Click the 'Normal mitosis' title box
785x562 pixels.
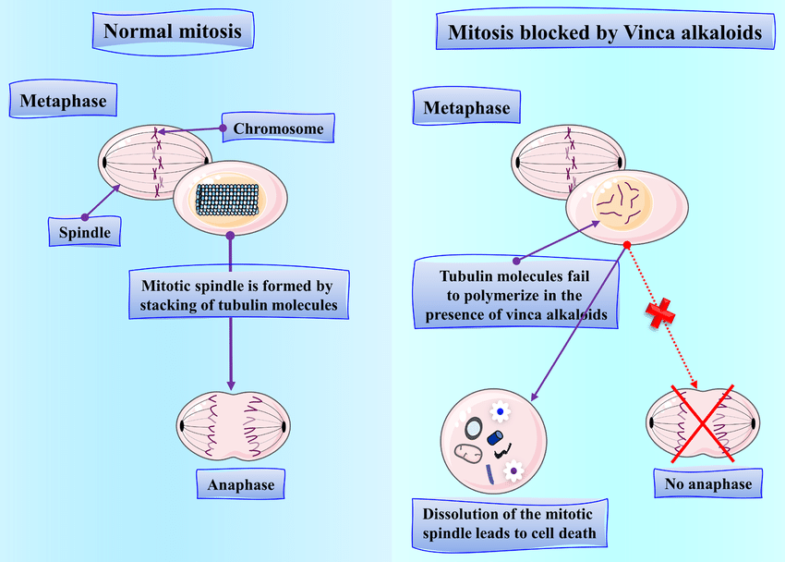pos(173,31)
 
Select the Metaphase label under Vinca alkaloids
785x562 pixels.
pos(466,109)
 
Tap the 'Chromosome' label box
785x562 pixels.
pos(278,129)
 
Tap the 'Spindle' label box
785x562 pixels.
pos(85,231)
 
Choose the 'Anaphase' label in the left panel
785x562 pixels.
pos(241,483)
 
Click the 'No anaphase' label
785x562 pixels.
pos(708,483)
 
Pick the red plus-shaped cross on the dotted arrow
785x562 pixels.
pos(660,314)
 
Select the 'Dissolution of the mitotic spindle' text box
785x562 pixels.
pos(509,524)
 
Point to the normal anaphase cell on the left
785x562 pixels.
pos(232,426)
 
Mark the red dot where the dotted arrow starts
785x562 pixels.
pos(627,246)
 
